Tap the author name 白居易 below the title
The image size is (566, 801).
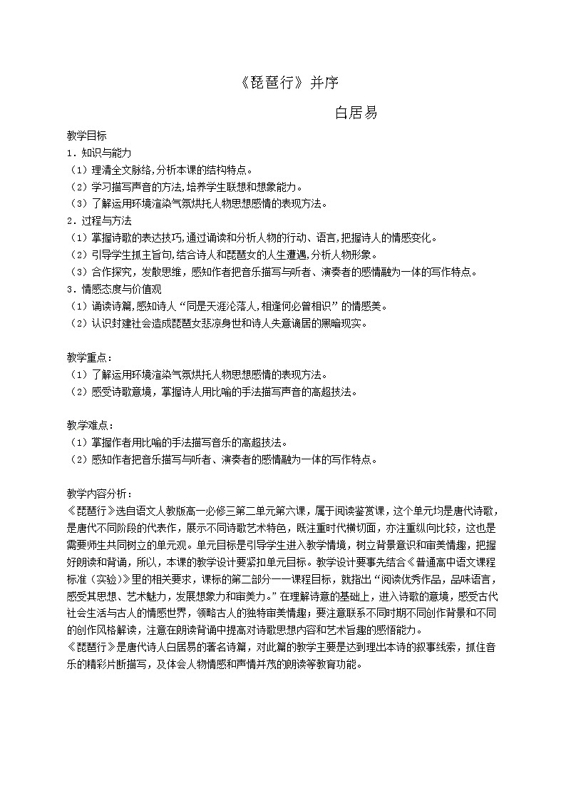pos(356,113)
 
